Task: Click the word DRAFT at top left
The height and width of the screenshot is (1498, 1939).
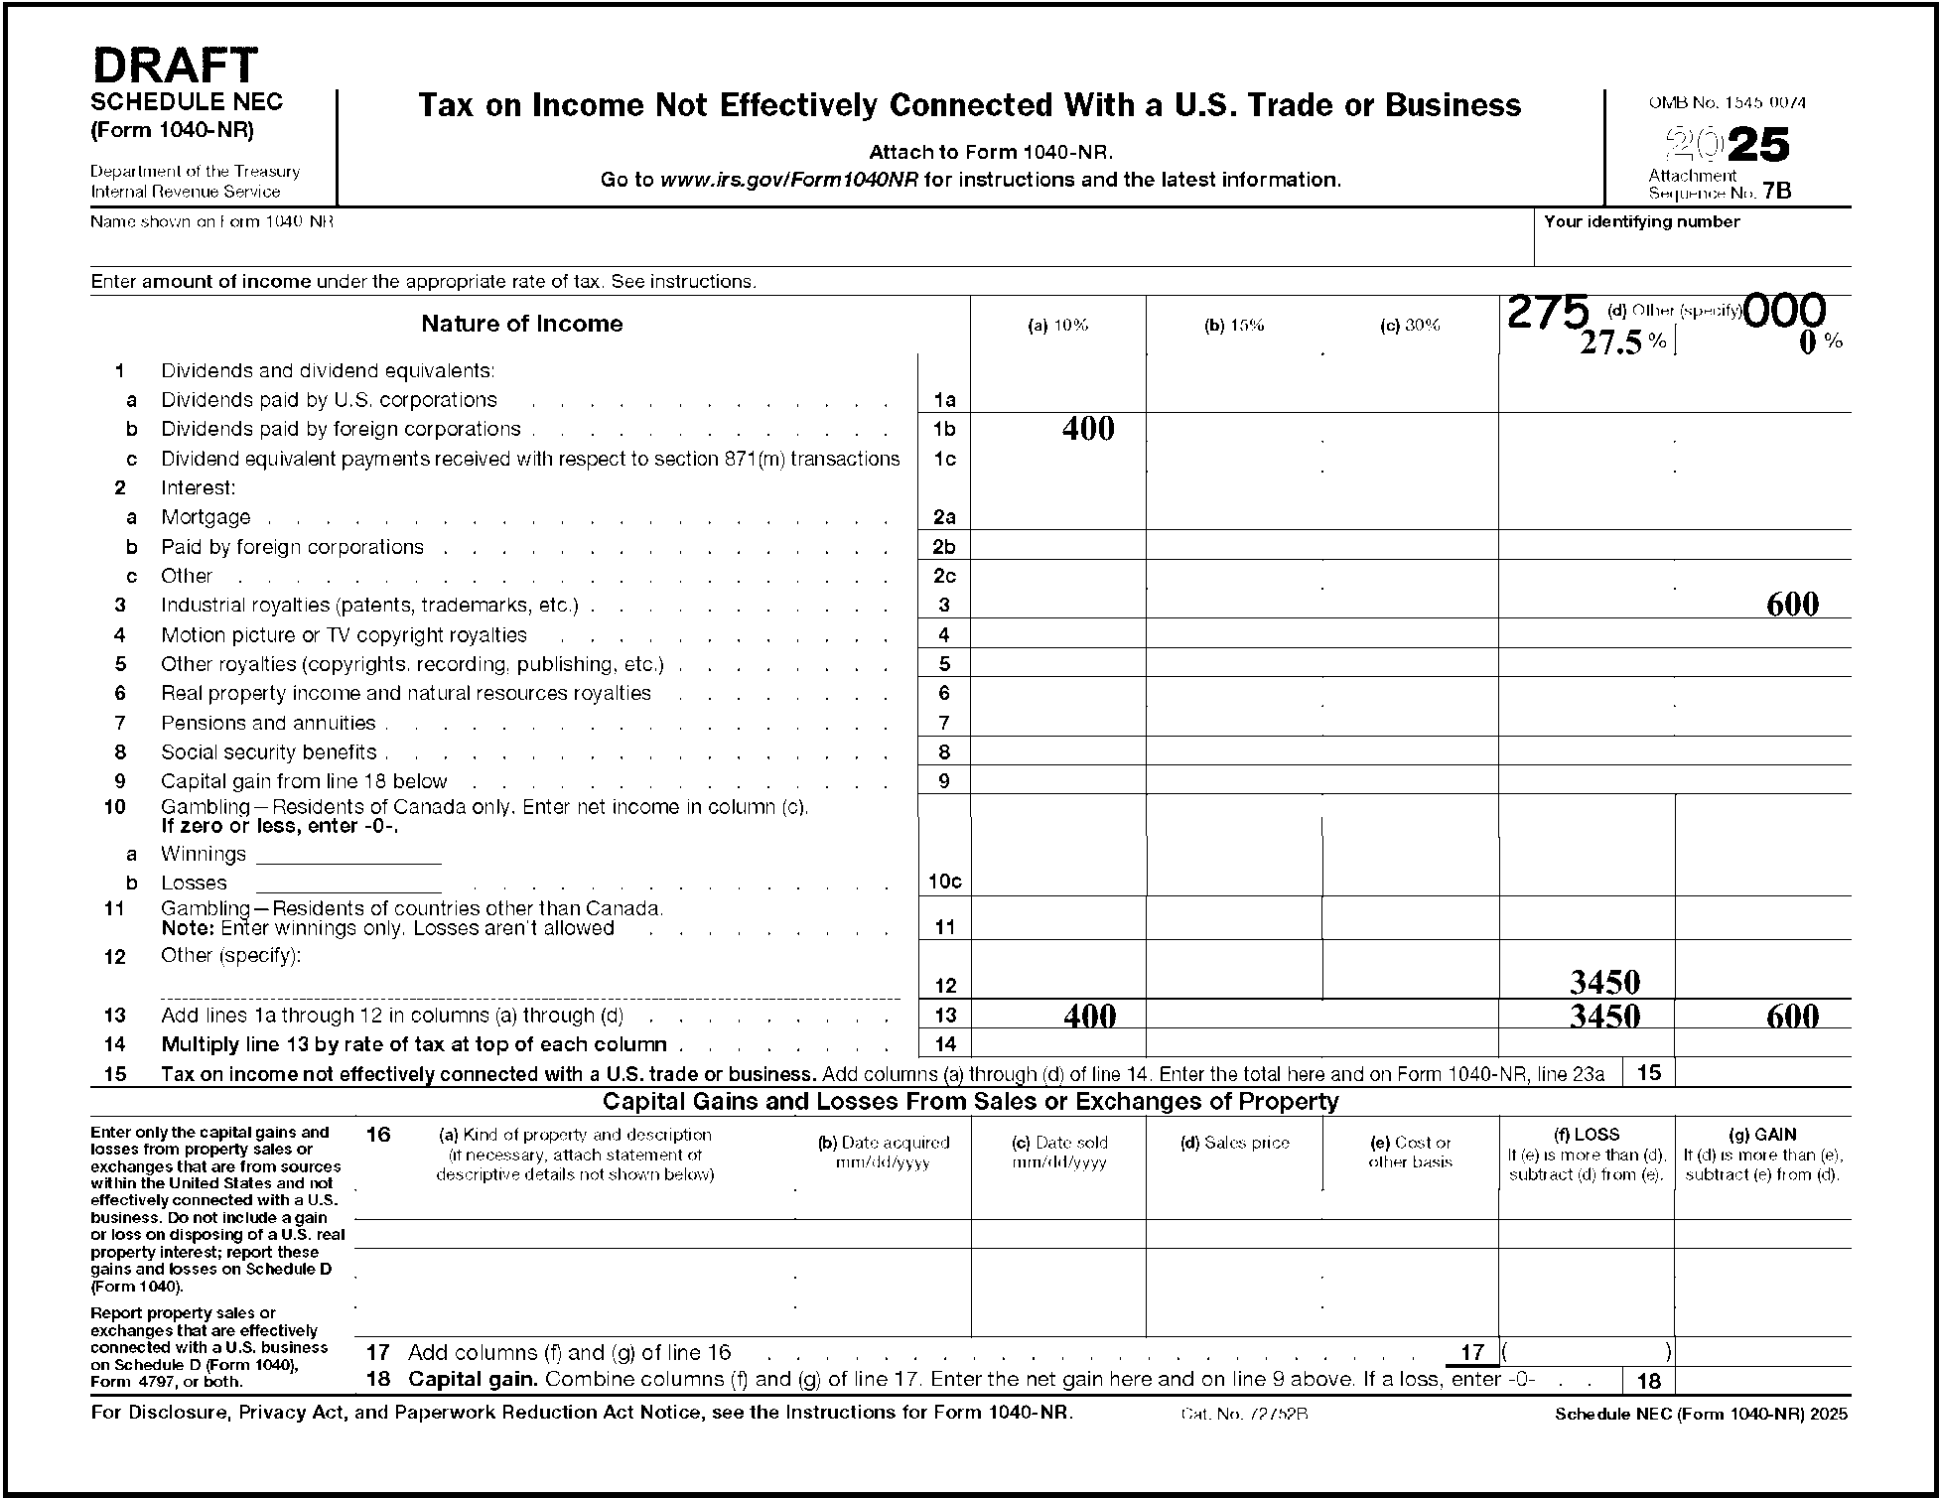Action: pyautogui.click(x=175, y=67)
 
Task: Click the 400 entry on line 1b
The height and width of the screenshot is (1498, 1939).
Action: pyautogui.click(x=1088, y=429)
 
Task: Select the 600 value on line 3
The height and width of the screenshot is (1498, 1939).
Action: pyautogui.click(x=1792, y=605)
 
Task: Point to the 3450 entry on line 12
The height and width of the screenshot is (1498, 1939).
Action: pyautogui.click(x=1604, y=983)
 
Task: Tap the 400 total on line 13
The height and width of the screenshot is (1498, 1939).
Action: pyautogui.click(x=1090, y=1016)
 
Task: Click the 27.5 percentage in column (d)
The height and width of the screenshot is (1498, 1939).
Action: pyautogui.click(x=1610, y=342)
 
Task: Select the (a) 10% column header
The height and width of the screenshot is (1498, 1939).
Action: pyautogui.click(x=1057, y=326)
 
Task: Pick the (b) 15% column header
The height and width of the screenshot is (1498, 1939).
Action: pyautogui.click(x=1234, y=326)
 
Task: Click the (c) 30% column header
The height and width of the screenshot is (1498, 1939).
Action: pyautogui.click(x=1410, y=326)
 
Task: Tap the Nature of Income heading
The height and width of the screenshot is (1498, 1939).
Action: pyautogui.click(x=522, y=324)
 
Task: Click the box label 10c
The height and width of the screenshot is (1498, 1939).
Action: pyautogui.click(x=944, y=882)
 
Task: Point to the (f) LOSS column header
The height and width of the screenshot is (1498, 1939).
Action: pyautogui.click(x=1586, y=1135)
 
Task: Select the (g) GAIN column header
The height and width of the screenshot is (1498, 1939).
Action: pyautogui.click(x=1761, y=1135)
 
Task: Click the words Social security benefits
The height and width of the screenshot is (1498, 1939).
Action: pyautogui.click(x=269, y=752)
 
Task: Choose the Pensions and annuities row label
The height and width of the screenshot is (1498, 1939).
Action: pyautogui.click(x=268, y=724)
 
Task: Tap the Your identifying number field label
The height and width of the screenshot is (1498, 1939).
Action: pyautogui.click(x=1642, y=221)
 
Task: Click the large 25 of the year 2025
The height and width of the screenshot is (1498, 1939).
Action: pyautogui.click(x=1759, y=146)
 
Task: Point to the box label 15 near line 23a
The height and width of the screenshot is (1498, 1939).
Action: pyautogui.click(x=1648, y=1072)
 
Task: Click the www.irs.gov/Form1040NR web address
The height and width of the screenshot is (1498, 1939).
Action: pyautogui.click(x=789, y=181)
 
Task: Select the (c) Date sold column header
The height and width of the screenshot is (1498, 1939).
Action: pyautogui.click(x=1059, y=1143)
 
